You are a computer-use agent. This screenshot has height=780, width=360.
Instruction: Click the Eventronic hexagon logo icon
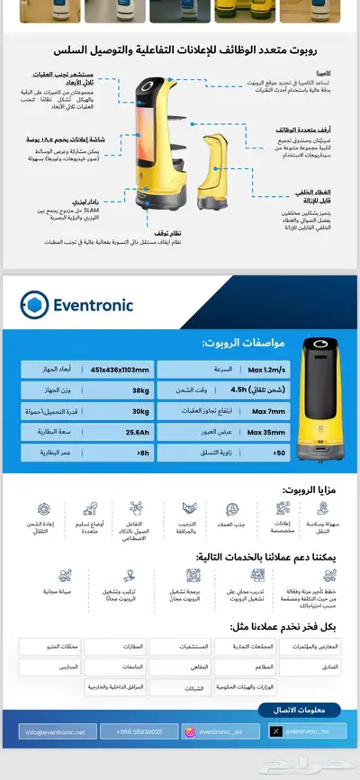coord(34,305)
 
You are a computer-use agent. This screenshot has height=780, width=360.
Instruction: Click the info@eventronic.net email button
coord(56,731)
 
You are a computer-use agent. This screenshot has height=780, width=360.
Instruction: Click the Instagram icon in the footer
coord(190,731)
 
